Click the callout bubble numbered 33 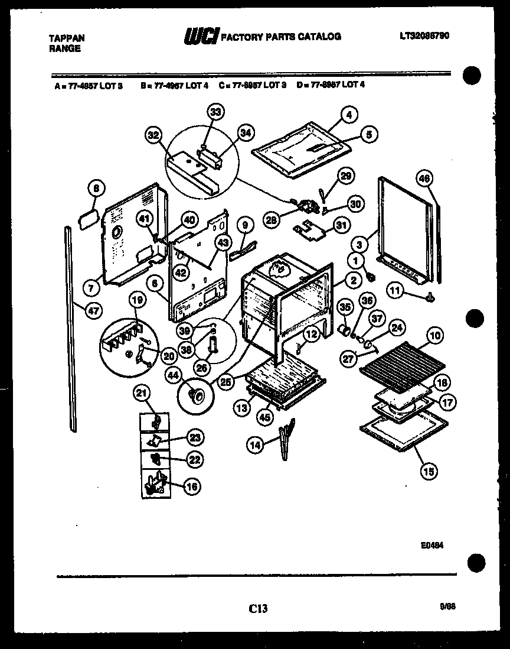[x=217, y=112]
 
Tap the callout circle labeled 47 [x=93, y=309]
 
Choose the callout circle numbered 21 [x=142, y=392]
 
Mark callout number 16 [x=192, y=486]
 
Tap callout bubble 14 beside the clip [x=256, y=446]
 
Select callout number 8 [x=97, y=188]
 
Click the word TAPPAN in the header [x=66, y=38]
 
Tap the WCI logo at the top [x=201, y=37]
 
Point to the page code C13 [x=258, y=607]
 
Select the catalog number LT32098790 [x=424, y=35]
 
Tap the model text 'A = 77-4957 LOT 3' [x=87, y=85]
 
